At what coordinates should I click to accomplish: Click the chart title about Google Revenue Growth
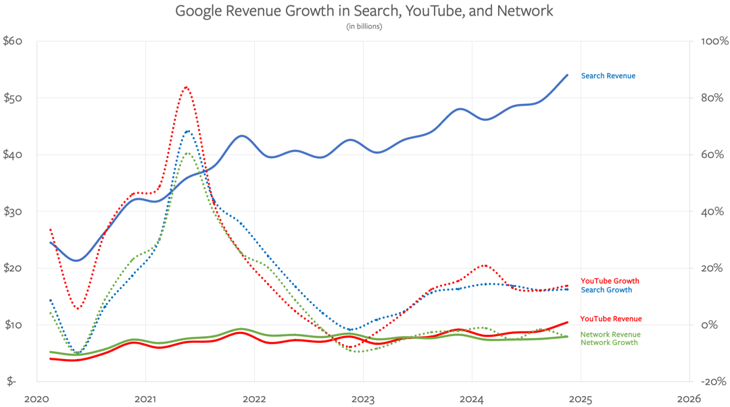(364, 11)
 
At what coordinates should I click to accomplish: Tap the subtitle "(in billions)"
(364, 26)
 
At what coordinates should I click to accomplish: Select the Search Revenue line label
(608, 76)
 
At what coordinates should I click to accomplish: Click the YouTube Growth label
(609, 281)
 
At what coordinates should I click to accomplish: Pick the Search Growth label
(606, 290)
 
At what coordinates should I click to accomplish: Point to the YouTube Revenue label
(610, 319)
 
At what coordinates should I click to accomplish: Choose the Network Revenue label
(610, 335)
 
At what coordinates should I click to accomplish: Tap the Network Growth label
(608, 343)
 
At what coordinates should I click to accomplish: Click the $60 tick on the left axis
(13, 41)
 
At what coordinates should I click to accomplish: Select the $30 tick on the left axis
(13, 211)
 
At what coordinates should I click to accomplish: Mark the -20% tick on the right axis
(713, 381)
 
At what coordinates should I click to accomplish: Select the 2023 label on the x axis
(363, 399)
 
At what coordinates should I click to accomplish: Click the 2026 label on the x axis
(689, 399)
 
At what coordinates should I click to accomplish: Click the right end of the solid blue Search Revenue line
(567, 75)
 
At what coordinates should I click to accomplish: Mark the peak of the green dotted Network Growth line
(187, 153)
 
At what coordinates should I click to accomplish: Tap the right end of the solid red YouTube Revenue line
(567, 322)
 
